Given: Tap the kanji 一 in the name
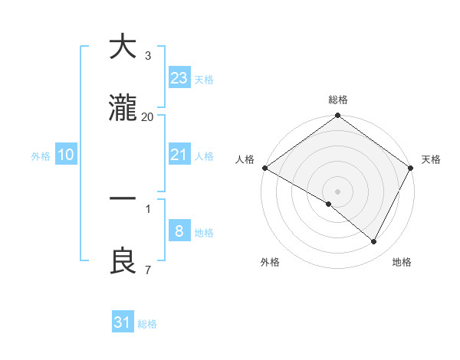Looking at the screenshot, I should pos(123,198).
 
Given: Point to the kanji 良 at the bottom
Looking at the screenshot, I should pos(123,261).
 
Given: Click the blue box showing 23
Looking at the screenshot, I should pos(179,77).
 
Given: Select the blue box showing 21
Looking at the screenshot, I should pos(179,155).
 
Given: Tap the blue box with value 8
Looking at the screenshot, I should pos(179,231).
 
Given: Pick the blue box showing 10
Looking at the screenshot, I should pos(66,155).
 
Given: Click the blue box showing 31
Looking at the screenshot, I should pos(123,322).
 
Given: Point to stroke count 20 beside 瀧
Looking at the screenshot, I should pos(148,116).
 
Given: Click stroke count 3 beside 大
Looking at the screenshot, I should pos(148,55).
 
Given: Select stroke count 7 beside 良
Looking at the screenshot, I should pos(148,270).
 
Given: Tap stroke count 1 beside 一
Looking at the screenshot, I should pos(148,208).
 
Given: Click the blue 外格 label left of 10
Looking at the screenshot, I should pos(41,155).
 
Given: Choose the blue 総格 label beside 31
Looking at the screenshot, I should pos(147,324).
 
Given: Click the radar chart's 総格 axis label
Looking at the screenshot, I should pos(338,100).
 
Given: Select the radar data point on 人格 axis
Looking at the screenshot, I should pos(264,168).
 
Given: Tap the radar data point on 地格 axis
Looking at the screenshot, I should pos(374,242).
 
